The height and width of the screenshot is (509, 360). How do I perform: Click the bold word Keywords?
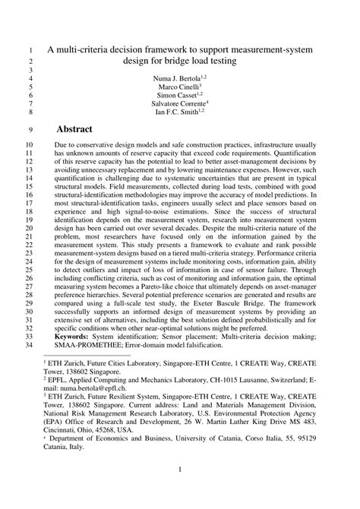(x=90, y=335)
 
